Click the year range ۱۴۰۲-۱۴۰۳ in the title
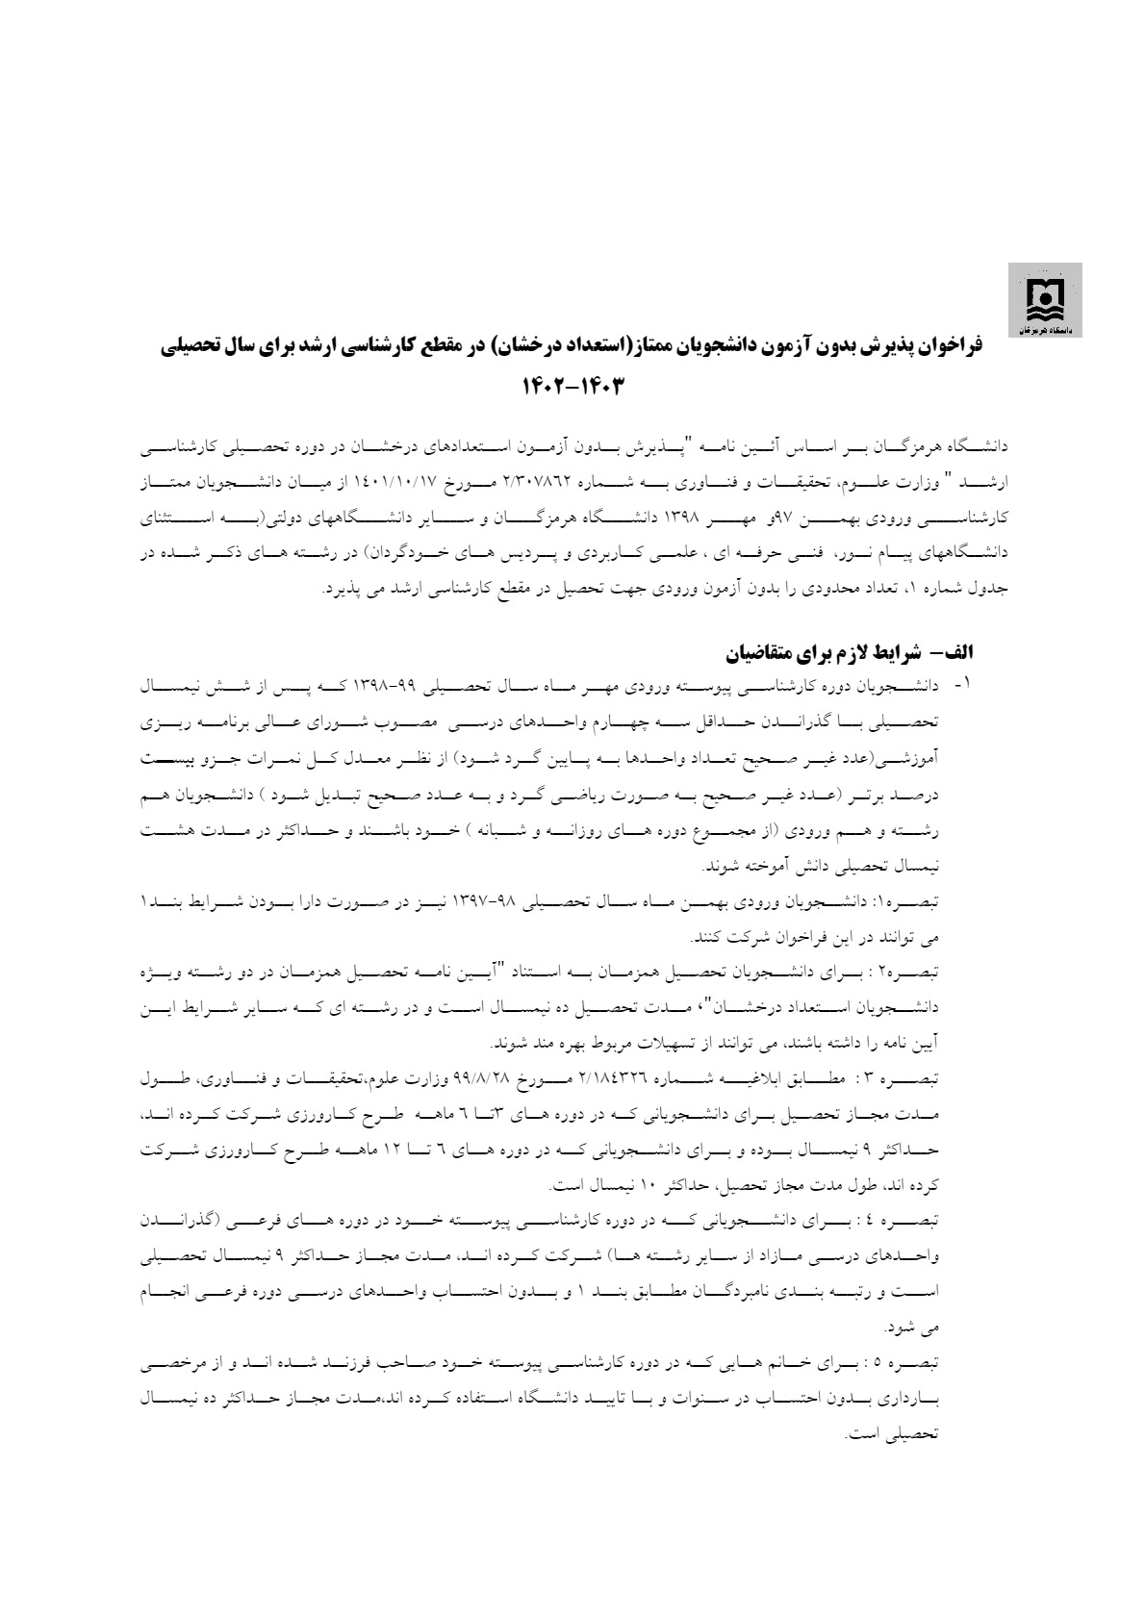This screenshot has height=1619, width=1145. pyautogui.click(x=573, y=387)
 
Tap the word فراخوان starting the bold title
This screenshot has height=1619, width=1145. pyautogui.click(x=962, y=346)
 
